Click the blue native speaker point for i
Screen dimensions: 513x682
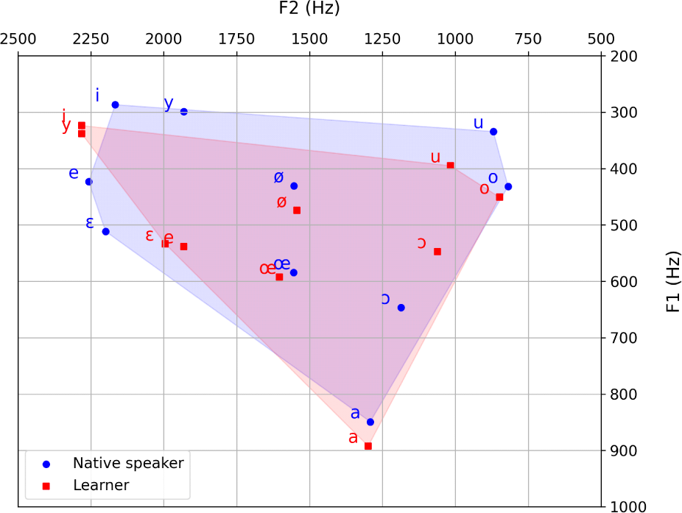pos(115,105)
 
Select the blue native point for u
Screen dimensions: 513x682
pos(493,132)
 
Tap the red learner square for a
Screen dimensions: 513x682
pos(368,446)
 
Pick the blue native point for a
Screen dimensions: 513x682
pos(370,422)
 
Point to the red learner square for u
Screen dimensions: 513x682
pos(451,165)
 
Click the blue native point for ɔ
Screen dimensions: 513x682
pos(401,308)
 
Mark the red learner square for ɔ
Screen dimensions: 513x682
pos(437,252)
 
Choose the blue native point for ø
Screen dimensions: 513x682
pos(294,185)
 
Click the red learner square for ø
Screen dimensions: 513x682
pos(297,210)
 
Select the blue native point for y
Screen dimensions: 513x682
pos(184,112)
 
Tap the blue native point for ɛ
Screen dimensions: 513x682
pos(105,232)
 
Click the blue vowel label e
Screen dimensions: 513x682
pos(74,174)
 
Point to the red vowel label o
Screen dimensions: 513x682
pos(484,189)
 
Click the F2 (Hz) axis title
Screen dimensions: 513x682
pos(309,9)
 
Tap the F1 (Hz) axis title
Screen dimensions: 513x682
pos(672,281)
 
